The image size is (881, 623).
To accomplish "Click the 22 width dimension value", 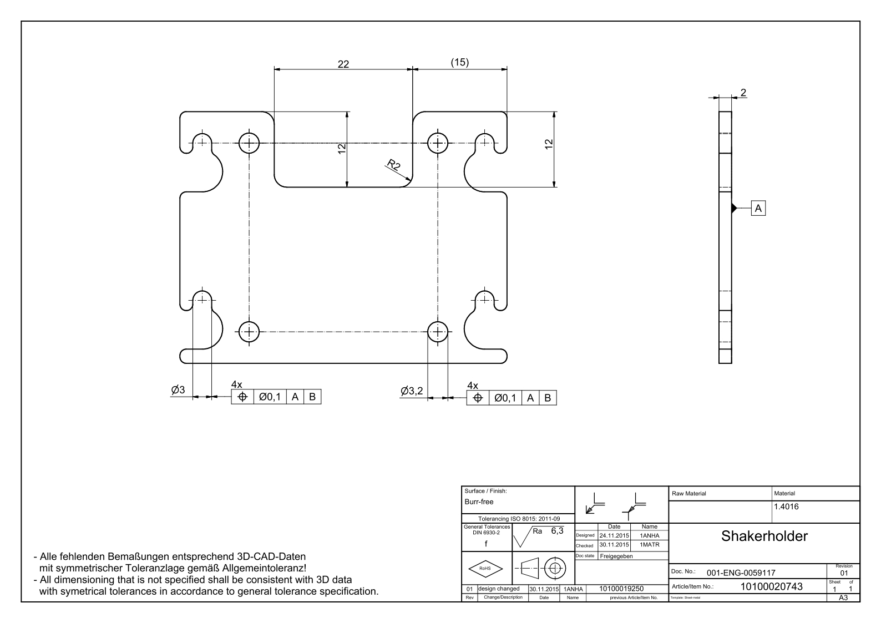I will click(343, 64).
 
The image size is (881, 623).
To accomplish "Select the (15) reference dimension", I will click(459, 62).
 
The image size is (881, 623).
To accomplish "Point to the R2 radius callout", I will click(393, 165).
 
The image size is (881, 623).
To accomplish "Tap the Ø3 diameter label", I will click(178, 390).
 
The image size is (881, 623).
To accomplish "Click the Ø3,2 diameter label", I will click(412, 391).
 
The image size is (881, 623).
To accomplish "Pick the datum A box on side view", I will click(758, 208).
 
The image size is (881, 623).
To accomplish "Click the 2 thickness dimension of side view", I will click(743, 92).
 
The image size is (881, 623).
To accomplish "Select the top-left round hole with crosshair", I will click(249, 143).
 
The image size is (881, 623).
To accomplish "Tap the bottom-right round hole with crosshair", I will click(438, 332).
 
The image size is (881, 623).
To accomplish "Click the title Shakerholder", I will click(764, 536).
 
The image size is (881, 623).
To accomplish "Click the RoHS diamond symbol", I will click(485, 568).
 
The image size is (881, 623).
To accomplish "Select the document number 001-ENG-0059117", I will click(740, 573).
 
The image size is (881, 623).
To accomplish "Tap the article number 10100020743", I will click(771, 586).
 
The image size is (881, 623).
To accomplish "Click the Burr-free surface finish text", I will click(479, 502).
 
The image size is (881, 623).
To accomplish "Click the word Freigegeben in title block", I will click(616, 556).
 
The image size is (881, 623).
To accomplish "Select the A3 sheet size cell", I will click(844, 597).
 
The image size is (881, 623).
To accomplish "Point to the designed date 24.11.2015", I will click(614, 536).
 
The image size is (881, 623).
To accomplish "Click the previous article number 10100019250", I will click(622, 589).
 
